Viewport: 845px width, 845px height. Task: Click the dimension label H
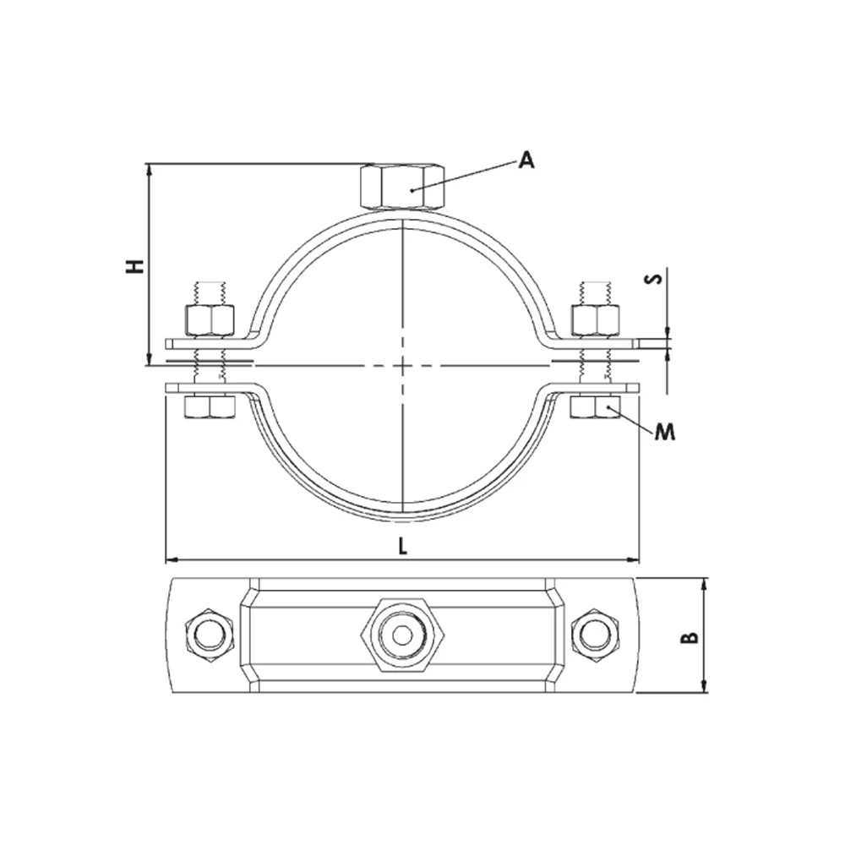pyautogui.click(x=134, y=266)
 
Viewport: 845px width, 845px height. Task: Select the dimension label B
pyautogui.click(x=690, y=637)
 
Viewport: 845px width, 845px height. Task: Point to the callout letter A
pyautogui.click(x=526, y=160)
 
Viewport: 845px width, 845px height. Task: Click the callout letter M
pyautogui.click(x=666, y=432)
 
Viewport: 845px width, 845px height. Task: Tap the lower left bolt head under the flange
pyautogui.click(x=209, y=408)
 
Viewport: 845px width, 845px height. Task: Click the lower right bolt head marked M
pyautogui.click(x=597, y=408)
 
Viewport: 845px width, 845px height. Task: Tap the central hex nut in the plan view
pyautogui.click(x=402, y=635)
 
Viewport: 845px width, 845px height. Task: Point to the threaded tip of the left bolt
pyautogui.click(x=209, y=291)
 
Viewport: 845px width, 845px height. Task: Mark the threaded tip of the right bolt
pyautogui.click(x=597, y=291)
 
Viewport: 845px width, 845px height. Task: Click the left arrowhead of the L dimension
pyautogui.click(x=167, y=559)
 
